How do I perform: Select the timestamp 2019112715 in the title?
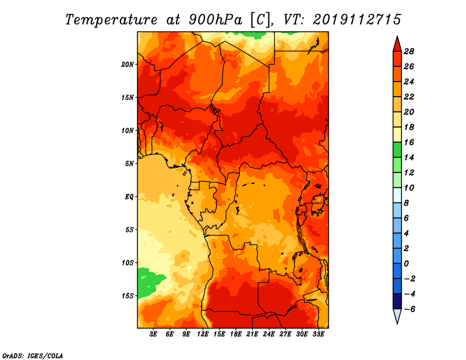(357, 19)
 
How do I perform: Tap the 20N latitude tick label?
(128, 64)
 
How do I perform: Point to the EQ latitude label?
(129, 196)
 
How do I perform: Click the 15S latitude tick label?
(128, 295)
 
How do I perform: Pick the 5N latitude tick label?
(129, 164)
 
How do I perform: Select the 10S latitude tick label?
(128, 263)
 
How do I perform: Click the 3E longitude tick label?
(154, 334)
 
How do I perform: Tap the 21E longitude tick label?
(253, 334)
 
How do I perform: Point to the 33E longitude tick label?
(319, 334)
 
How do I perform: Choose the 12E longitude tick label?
(203, 334)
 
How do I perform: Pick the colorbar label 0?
(409, 263)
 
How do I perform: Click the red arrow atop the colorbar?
(396, 43)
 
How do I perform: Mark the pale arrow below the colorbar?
(396, 316)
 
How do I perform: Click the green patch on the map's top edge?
(254, 34)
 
